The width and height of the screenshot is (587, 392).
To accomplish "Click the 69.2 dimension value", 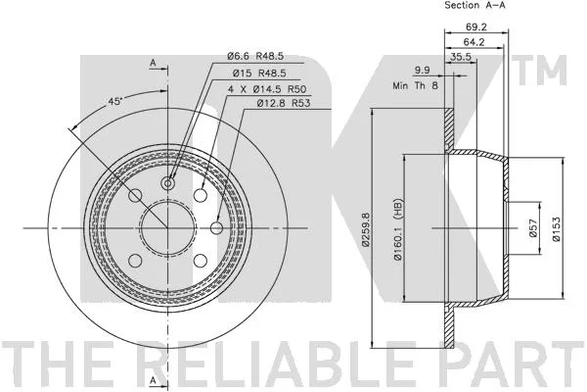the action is coord(476,27).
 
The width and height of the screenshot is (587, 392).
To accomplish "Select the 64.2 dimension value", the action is coord(474,42).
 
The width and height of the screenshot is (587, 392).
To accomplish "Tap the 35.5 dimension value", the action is coord(461,57).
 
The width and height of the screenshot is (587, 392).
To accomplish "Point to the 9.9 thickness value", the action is coord(423,71).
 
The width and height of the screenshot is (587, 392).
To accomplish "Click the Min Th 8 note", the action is coord(415,85).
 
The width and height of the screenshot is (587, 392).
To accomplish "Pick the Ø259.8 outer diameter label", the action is coord(366,229).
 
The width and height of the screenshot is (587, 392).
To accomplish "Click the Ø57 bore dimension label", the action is coord(533,227).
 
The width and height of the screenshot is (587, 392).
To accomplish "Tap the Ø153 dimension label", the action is coord(557,229).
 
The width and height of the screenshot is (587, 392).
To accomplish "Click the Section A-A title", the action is coord(474,5).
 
